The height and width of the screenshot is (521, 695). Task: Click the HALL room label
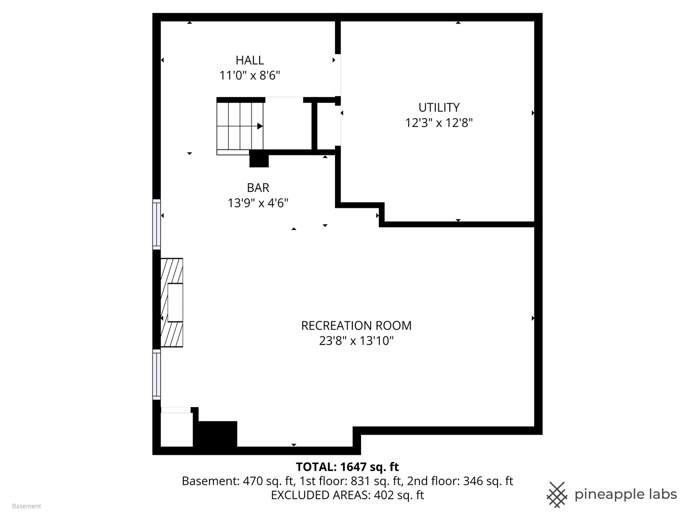[250, 60]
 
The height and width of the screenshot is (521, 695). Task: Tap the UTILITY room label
[439, 107]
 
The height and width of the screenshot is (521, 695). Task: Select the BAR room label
[258, 188]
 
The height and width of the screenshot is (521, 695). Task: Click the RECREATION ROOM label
[356, 326]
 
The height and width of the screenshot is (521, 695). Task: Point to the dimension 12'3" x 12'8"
[439, 123]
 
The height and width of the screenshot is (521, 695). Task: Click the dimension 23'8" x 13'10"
[356, 341]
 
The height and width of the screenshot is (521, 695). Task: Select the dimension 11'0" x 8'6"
[250, 76]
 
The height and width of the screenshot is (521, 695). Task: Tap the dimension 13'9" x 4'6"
[258, 203]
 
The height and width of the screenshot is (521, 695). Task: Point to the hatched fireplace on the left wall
[172, 302]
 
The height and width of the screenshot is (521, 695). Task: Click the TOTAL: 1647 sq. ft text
[347, 466]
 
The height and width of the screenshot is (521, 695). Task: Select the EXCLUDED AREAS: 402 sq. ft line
[347, 495]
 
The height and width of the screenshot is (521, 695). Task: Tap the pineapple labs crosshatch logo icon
[556, 494]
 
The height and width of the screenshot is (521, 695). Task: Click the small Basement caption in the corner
[27, 506]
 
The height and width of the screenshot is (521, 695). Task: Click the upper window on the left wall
[156, 224]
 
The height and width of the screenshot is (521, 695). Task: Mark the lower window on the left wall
[156, 374]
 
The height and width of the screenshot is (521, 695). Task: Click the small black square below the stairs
[259, 159]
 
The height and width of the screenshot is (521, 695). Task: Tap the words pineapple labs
[625, 494]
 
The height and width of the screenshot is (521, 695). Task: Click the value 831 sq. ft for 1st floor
[377, 481]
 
